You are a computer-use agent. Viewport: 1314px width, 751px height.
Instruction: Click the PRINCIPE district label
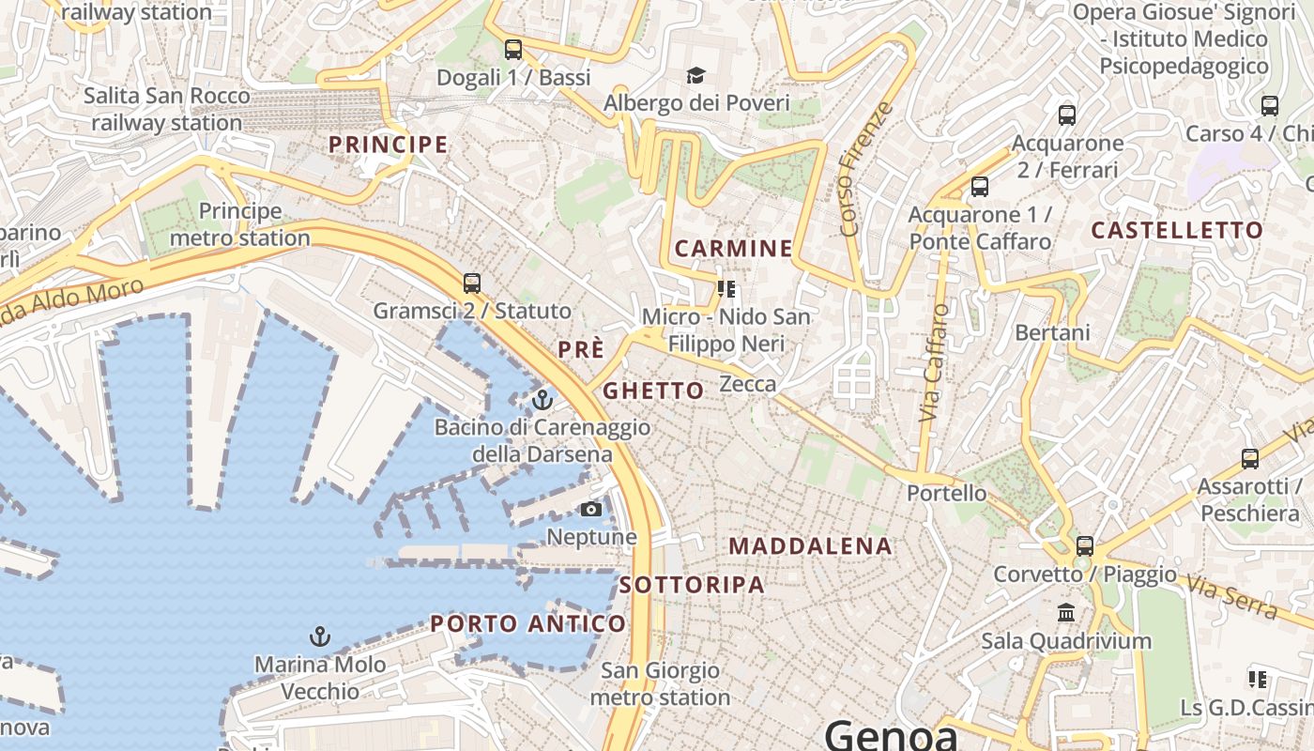coord(388,145)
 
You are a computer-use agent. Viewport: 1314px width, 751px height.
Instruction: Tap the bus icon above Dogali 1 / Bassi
coord(512,50)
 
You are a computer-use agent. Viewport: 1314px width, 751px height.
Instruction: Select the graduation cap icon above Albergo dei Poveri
coord(695,75)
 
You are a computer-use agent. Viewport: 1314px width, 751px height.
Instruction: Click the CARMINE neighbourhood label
coord(734,249)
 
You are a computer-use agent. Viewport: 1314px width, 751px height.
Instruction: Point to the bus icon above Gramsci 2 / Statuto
coord(472,283)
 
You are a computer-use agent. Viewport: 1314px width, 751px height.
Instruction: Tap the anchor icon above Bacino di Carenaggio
coord(542,401)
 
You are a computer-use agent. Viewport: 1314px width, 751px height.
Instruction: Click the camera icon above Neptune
coord(590,510)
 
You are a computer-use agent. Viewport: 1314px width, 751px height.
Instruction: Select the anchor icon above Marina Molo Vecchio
coord(320,637)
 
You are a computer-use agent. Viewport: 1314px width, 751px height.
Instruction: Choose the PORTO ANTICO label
coord(527,624)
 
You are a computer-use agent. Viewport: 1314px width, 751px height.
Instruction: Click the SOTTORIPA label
coord(692,585)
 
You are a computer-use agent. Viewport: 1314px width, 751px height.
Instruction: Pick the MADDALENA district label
coord(810,546)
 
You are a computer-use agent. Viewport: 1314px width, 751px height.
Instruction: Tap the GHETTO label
coord(653,391)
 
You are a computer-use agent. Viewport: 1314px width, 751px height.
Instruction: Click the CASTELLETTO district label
coord(1177,231)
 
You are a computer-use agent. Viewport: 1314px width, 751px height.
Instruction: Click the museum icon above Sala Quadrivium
coord(1066,613)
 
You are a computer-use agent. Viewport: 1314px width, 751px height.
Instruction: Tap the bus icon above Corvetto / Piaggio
coord(1085,545)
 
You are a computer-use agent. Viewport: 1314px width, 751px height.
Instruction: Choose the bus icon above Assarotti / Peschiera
coord(1249,458)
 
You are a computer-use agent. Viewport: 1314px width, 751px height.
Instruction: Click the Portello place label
coord(947,493)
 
